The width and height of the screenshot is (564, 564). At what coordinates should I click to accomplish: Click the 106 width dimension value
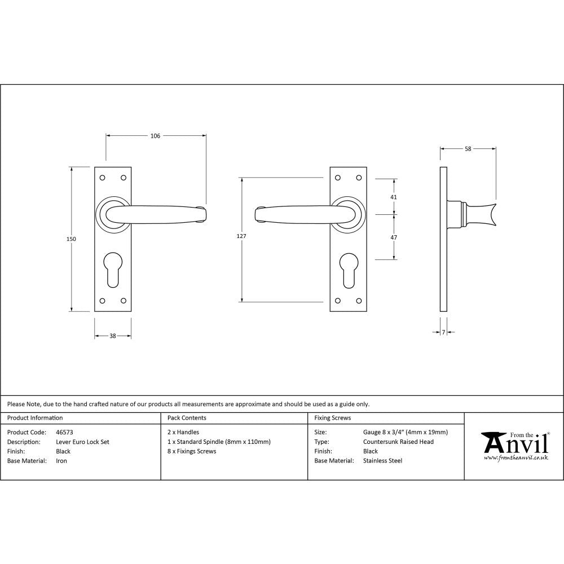coord(156,136)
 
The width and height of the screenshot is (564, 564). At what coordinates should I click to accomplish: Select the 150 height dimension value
coord(71,239)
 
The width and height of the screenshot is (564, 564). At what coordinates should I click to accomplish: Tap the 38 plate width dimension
coord(112,336)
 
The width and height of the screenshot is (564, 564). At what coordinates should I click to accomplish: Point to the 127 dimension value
coord(241,236)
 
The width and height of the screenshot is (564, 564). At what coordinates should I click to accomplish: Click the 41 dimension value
coord(394,197)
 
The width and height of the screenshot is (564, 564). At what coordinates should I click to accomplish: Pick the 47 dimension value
coord(394,237)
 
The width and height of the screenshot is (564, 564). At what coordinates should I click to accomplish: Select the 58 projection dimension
coord(468,149)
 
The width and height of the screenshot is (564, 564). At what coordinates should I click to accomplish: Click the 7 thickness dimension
coord(444,333)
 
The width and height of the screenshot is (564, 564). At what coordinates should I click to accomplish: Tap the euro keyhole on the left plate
coord(112,270)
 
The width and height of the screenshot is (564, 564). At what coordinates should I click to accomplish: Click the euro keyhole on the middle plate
coord(348,270)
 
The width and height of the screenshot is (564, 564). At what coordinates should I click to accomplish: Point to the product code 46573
coord(65,433)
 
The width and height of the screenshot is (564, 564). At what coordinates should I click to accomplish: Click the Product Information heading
coord(35,418)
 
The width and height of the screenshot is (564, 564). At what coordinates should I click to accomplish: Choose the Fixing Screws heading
coord(333,418)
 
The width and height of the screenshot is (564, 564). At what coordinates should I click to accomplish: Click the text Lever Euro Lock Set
coord(83,442)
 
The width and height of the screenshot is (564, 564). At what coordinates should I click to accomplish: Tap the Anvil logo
coord(514,446)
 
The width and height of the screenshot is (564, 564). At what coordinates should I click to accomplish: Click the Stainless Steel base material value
coord(383,461)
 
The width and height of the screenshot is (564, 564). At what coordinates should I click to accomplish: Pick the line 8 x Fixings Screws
coord(192,451)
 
